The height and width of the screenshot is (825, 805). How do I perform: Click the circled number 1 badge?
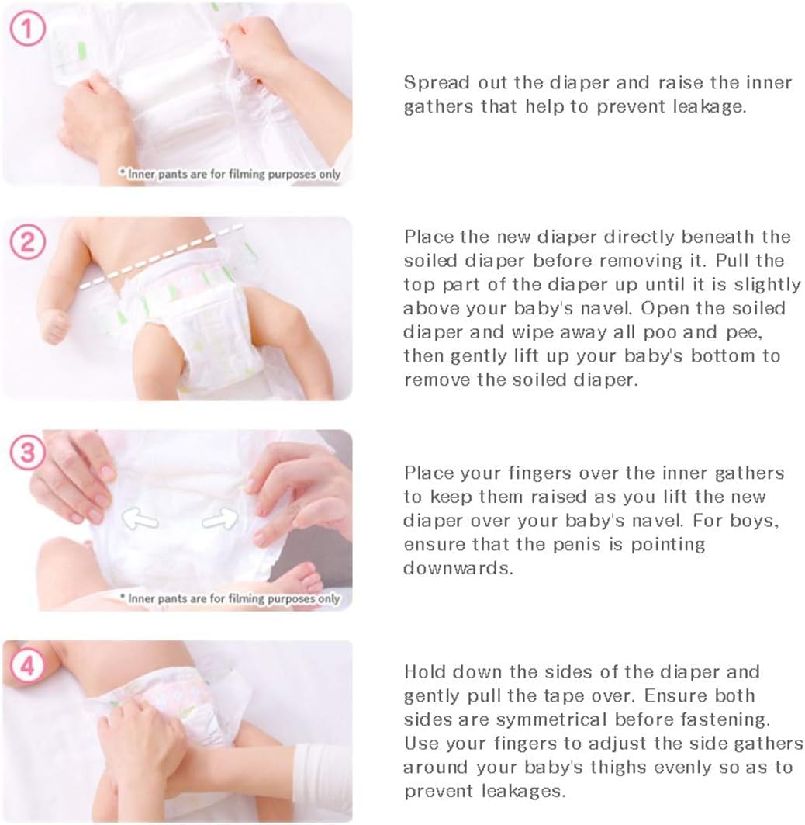(x=27, y=29)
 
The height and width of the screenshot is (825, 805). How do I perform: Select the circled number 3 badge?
(x=27, y=452)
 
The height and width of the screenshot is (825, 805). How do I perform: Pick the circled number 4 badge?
(x=27, y=666)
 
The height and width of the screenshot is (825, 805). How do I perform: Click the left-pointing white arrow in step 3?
(x=140, y=518)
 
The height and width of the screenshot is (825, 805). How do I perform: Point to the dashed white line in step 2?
(x=161, y=256)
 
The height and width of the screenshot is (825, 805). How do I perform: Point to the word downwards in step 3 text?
(x=458, y=568)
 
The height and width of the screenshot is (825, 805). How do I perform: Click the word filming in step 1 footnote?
(x=247, y=174)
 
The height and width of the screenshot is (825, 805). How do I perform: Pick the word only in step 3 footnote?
(x=329, y=598)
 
